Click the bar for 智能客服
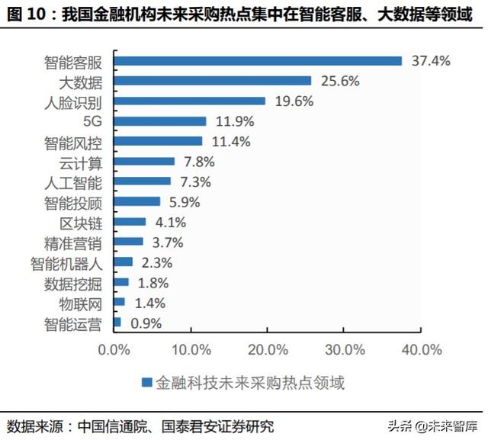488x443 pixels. [258, 61]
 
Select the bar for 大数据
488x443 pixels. [213, 81]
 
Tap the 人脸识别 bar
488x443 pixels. [190, 101]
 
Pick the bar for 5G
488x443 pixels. [160, 120]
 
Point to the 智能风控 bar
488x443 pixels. [159, 140]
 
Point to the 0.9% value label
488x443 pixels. [146, 323]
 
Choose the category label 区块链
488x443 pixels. [85, 222]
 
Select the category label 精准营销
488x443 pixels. [79, 242]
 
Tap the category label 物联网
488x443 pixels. [85, 303]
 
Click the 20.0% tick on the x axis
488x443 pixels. [267, 350]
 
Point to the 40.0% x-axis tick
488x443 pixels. [421, 350]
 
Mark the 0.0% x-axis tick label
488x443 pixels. [114, 350]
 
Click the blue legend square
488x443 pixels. [145, 383]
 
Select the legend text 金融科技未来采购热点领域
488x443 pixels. [249, 383]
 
